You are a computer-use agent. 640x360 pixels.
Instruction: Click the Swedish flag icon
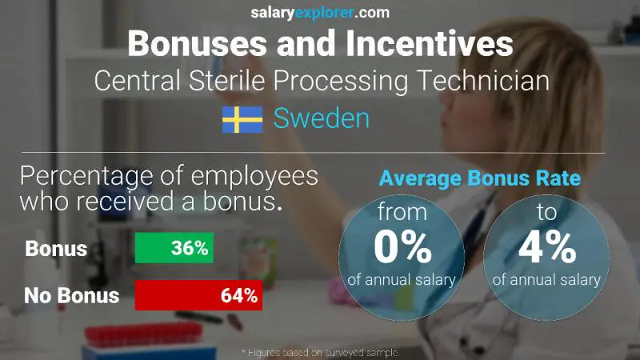click(242, 120)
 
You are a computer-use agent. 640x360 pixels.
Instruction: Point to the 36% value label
click(190, 249)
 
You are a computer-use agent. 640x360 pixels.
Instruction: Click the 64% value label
click(238, 295)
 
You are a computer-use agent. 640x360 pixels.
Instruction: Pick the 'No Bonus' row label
click(71, 295)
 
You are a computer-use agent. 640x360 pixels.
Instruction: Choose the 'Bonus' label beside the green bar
click(55, 249)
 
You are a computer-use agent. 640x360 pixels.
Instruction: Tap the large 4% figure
click(546, 248)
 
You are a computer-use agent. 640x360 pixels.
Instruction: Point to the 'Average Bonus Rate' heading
click(479, 178)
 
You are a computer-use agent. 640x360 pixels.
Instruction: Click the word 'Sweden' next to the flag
click(322, 119)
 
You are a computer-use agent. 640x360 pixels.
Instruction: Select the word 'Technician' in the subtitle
click(480, 81)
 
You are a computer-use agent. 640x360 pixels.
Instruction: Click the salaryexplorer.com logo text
click(319, 12)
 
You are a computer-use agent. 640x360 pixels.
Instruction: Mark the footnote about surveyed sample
click(320, 352)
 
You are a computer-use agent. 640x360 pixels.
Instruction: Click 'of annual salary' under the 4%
click(546, 280)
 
